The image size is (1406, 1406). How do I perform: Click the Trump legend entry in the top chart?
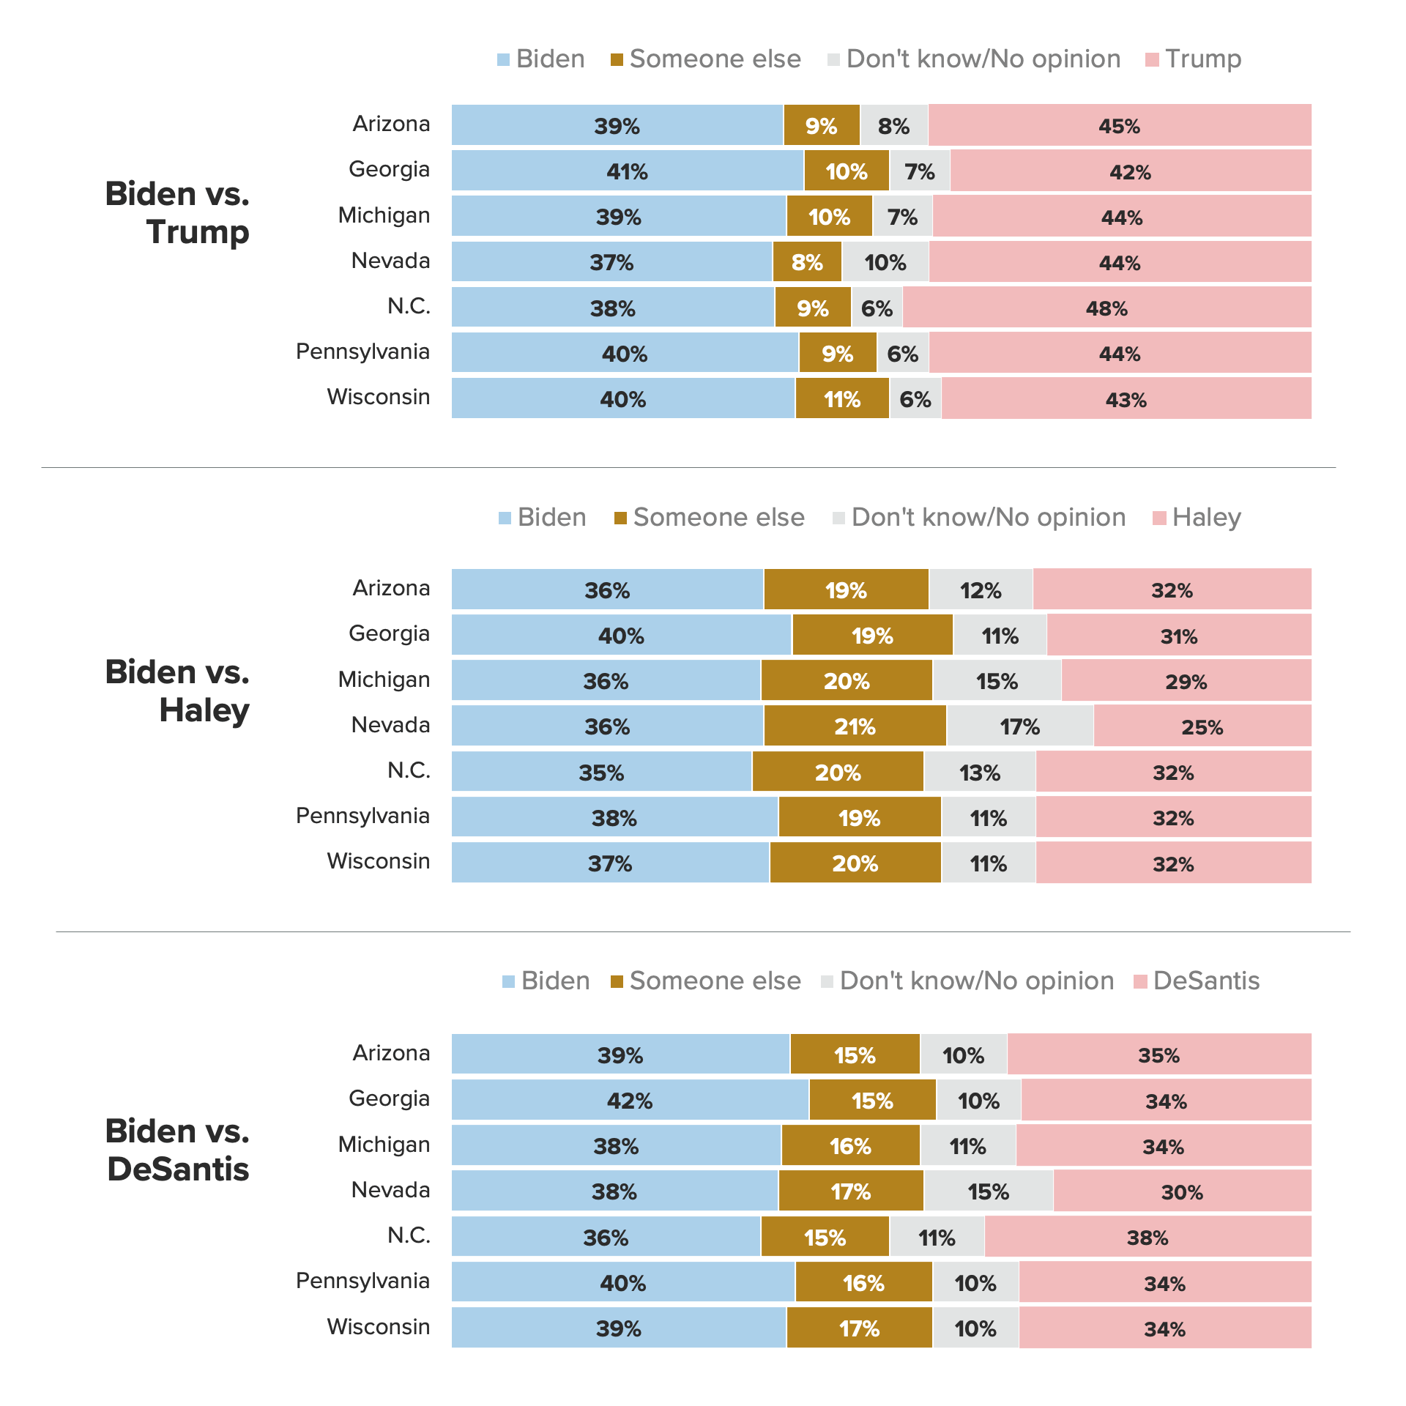1194,59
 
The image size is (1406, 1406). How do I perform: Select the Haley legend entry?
1197,518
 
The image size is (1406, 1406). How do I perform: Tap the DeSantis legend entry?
1197,981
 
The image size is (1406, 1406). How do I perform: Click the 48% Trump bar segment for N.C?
1106,308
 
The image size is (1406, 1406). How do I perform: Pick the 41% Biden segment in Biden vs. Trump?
627,171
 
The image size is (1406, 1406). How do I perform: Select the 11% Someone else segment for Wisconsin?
842,399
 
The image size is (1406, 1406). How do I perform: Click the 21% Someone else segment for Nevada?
855,726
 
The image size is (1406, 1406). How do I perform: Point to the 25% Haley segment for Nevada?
1202,726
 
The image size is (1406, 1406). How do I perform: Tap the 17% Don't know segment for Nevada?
1020,726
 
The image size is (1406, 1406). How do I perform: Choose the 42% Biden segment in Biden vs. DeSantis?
630,1101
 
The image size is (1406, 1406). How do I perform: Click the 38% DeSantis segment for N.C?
1148,1238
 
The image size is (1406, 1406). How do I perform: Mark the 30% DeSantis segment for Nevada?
1182,1191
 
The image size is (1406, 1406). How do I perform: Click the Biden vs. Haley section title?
178,691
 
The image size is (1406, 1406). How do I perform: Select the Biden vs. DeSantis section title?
178,1150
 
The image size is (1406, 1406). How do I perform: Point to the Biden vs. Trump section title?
178,213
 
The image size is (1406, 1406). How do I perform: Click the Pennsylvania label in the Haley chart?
362,816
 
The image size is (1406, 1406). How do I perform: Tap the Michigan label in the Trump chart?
384,215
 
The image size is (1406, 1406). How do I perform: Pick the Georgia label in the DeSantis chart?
389,1098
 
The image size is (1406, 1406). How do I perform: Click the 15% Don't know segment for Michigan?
997,681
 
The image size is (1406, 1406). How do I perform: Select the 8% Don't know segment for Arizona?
894,126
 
